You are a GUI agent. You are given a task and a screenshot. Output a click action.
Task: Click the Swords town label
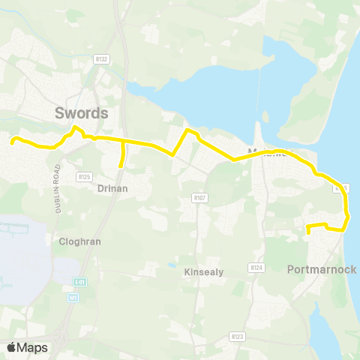(82, 113)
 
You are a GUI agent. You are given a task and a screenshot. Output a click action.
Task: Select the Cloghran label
(79, 242)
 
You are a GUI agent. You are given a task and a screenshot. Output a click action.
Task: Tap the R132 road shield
(103, 59)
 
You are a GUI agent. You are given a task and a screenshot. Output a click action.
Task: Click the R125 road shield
(83, 177)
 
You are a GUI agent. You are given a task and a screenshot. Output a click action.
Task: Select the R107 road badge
(199, 198)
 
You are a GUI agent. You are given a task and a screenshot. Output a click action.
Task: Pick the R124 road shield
(257, 267)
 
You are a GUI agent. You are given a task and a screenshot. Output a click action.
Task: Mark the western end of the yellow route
(11, 139)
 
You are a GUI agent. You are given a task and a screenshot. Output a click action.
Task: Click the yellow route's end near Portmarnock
(308, 233)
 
